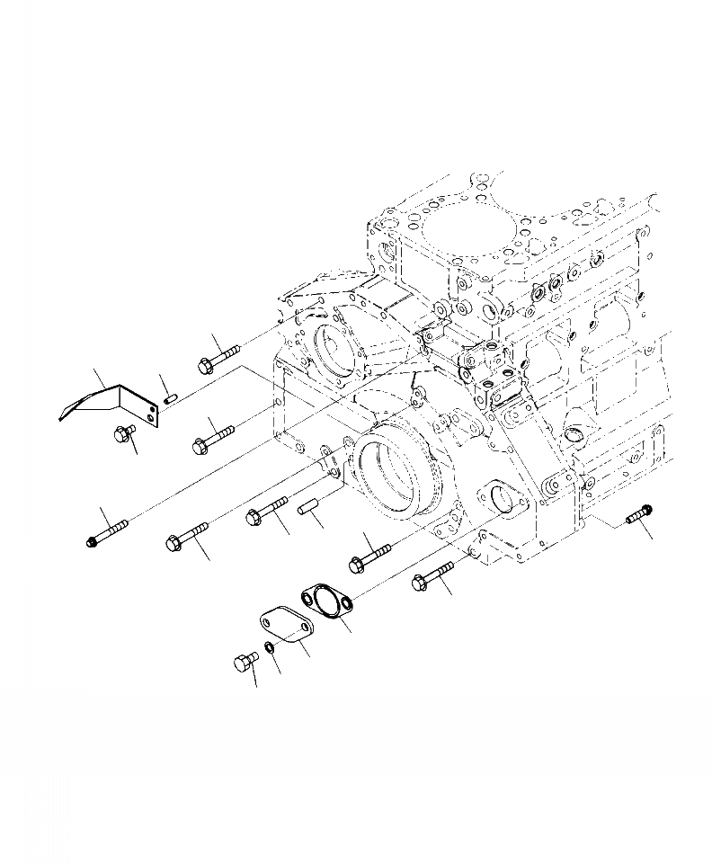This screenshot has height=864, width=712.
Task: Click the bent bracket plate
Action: [x=108, y=400]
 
